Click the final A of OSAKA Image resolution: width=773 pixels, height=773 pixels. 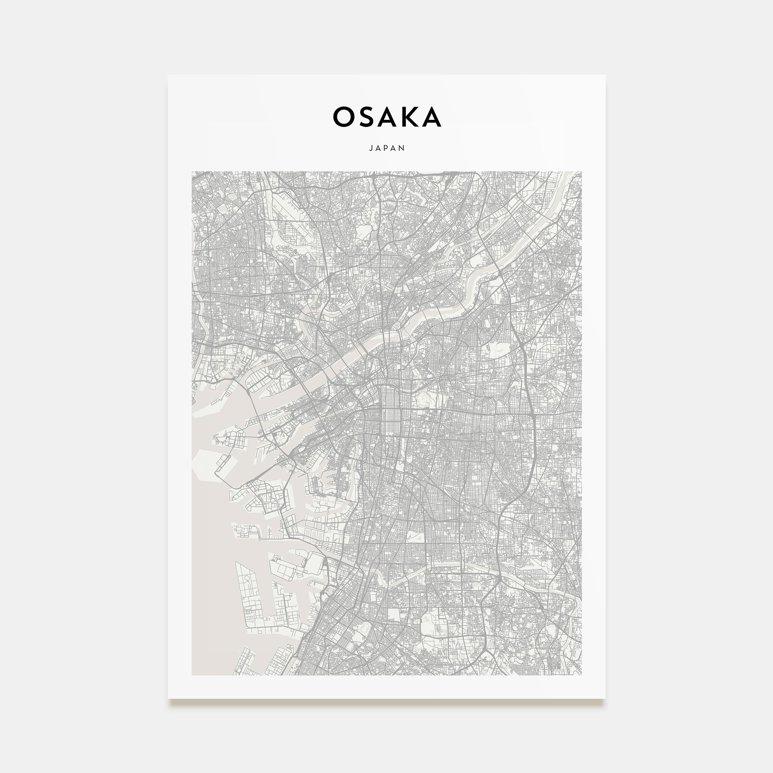431,117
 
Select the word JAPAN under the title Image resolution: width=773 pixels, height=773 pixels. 387,148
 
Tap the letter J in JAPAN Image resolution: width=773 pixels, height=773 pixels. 371,148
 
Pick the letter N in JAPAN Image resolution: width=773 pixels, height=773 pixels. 402,148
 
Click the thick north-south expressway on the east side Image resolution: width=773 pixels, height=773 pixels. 534,440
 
